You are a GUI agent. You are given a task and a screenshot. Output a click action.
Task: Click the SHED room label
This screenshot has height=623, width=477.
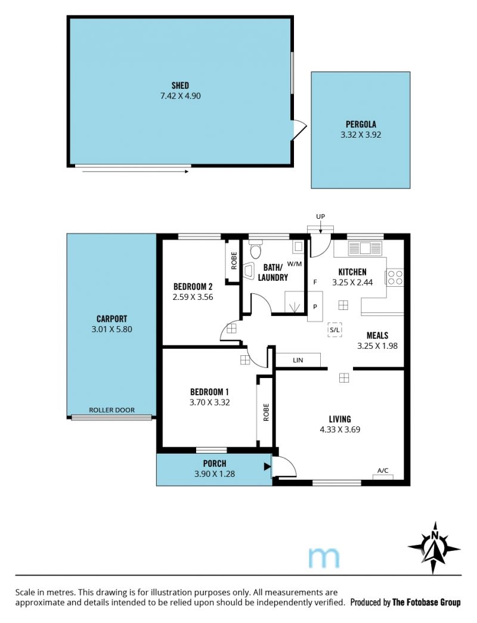tap(180, 85)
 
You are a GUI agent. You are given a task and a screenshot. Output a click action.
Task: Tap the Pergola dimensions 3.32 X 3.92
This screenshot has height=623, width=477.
tap(361, 135)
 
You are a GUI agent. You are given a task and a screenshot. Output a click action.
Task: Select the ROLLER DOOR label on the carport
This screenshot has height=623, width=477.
tap(111, 410)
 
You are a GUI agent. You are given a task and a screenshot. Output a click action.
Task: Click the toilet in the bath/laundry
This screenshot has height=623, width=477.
tap(255, 250)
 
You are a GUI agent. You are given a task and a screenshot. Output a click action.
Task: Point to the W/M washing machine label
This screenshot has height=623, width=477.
tap(294, 264)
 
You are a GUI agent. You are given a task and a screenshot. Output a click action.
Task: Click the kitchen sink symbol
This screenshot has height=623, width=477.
tap(365, 249)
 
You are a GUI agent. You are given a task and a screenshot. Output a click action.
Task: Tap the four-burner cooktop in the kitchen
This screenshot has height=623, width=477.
tap(395, 277)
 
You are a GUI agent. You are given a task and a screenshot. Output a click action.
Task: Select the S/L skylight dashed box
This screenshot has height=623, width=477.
tap(334, 330)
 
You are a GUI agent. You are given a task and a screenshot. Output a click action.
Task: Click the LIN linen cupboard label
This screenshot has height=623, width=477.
tap(298, 360)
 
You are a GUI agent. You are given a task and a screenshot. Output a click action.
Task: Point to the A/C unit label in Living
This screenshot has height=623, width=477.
tap(383, 471)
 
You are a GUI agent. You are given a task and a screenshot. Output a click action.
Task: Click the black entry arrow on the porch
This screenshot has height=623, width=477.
tap(267, 466)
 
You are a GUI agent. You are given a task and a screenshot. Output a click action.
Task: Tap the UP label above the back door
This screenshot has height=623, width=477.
tap(320, 216)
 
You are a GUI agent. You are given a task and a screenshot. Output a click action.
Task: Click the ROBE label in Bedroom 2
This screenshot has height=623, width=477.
tap(234, 261)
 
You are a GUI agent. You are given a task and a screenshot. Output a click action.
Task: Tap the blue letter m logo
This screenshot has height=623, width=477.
tap(324, 557)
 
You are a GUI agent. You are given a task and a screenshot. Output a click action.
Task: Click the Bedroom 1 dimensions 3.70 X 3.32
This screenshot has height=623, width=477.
tap(210, 402)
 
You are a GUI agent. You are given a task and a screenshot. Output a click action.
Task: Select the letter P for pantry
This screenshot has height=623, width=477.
tap(315, 307)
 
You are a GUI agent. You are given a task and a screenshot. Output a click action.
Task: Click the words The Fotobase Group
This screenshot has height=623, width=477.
tap(426, 602)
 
